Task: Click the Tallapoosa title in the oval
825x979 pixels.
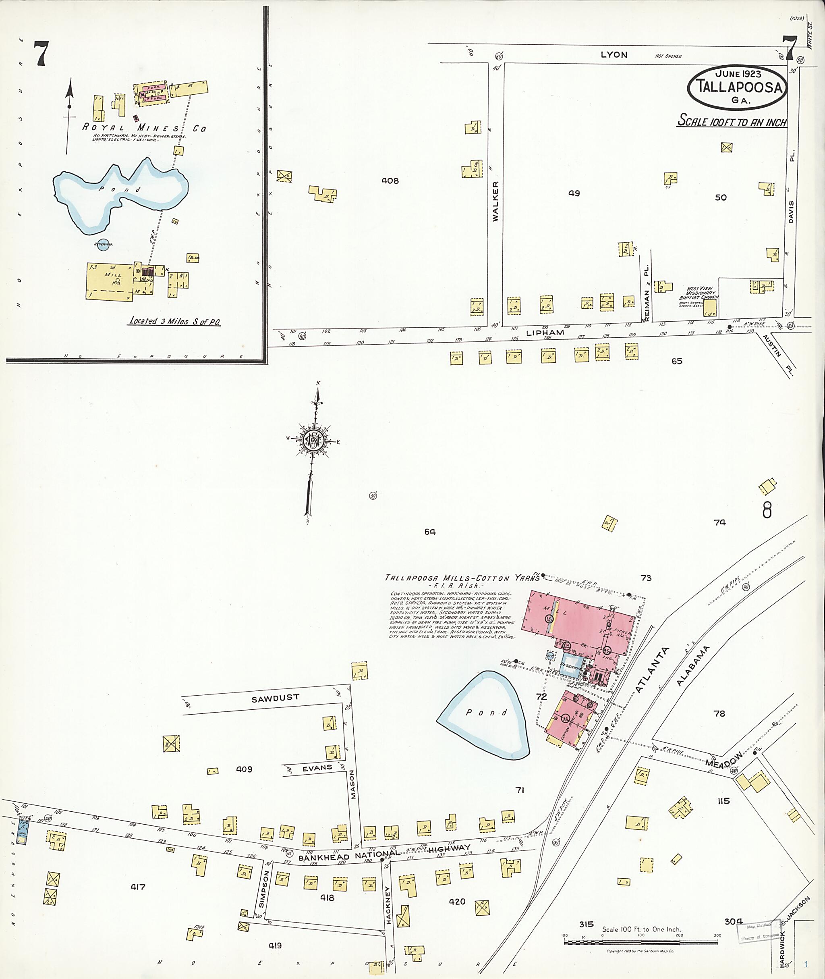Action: (738, 87)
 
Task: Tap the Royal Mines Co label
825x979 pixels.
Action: (144, 128)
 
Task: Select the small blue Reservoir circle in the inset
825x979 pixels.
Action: (103, 244)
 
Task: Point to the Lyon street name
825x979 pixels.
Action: (614, 55)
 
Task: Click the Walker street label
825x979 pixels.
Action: (495, 201)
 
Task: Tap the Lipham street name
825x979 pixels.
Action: (545, 333)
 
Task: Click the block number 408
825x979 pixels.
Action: (390, 181)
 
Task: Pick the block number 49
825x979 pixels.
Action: (574, 193)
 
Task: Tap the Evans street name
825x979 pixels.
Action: (317, 768)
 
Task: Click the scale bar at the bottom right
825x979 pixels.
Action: (641, 941)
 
